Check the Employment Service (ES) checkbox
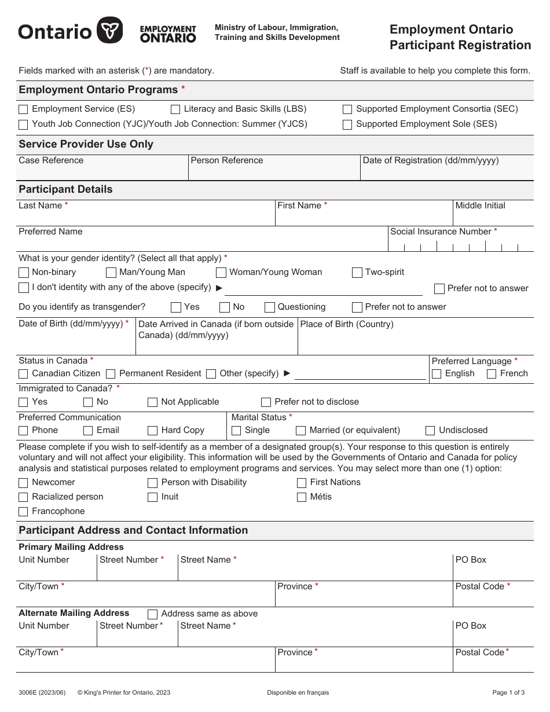[23, 109]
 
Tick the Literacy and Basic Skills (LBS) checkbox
[175, 109]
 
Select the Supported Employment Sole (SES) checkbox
[347, 124]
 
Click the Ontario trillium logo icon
[109, 30]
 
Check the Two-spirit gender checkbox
[357, 273]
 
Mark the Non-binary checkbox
[23, 273]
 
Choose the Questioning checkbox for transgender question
[270, 307]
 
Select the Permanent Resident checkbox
[111, 374]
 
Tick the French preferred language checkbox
[492, 374]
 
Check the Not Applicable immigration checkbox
[153, 402]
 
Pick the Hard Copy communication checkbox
[153, 431]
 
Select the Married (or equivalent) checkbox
[301, 431]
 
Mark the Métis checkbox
[302, 497]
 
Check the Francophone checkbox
[23, 512]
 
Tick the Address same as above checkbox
[153, 614]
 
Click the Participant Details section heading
[65, 189]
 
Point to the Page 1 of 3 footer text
[508, 692]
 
